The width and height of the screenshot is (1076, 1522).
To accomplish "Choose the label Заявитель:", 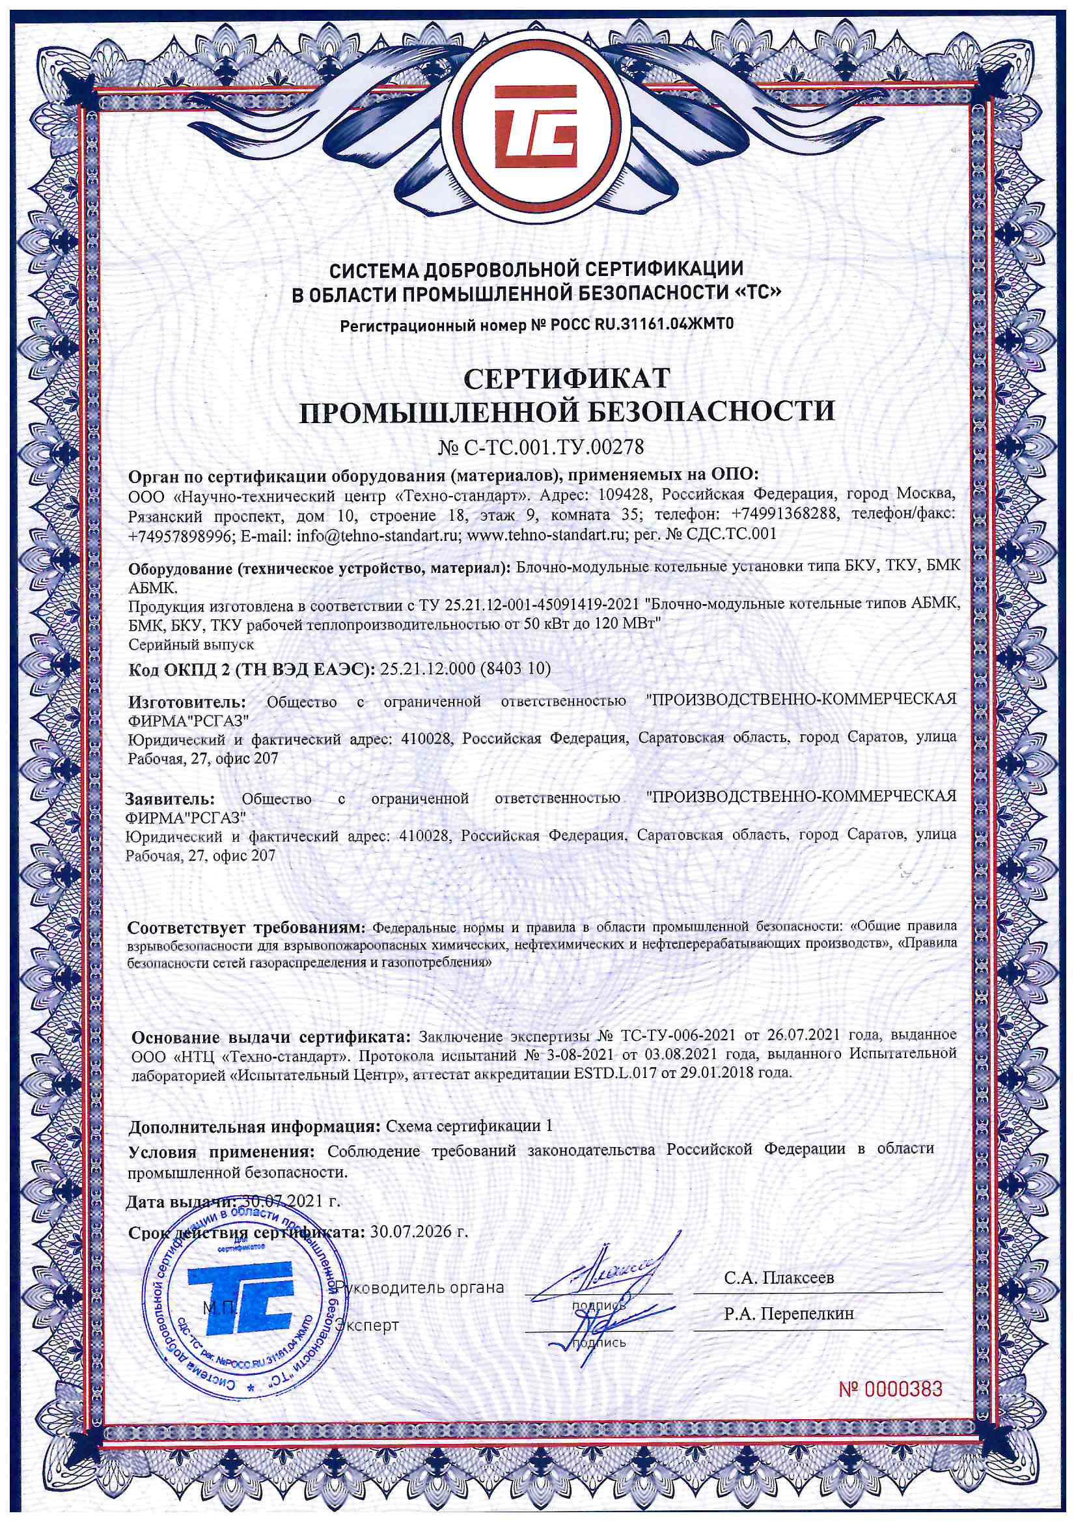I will click(171, 798).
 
